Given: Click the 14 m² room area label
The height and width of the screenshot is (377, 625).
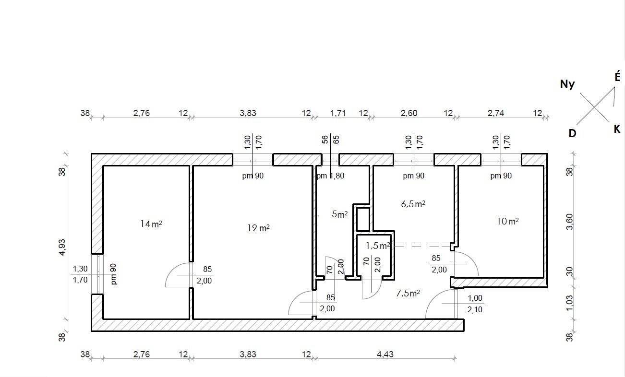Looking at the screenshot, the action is point(151,224).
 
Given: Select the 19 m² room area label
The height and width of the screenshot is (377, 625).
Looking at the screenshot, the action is point(258,228).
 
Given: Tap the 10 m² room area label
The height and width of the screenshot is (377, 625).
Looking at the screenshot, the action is point(507,221).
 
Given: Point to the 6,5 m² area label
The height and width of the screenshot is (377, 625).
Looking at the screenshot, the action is point(413,204).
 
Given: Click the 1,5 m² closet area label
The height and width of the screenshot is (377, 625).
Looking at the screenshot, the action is point(378,246).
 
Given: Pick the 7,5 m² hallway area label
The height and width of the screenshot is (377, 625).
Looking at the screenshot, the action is point(408,293).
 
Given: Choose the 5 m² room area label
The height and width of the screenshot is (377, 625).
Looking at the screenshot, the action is point(339,214).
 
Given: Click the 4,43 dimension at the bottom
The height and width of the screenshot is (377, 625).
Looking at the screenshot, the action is point(385,354).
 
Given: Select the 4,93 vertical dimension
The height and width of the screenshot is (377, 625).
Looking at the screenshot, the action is point(62,247).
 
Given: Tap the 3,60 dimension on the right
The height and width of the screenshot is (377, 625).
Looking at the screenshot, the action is point(569,222).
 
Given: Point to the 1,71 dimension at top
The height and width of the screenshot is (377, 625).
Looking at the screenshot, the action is point(338,113).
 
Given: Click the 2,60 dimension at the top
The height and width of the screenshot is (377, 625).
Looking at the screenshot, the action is point(409,113).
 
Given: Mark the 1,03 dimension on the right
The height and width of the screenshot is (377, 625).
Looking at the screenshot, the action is point(569,303).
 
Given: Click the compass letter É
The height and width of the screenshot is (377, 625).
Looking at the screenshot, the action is point(617,76).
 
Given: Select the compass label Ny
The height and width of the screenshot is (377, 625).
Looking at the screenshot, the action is point(567,84).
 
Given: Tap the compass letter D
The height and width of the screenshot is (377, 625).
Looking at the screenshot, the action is point(572,133).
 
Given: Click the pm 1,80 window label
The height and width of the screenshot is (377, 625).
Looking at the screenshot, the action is point(330,176).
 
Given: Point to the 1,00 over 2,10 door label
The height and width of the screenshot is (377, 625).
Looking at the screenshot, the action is point(475,304).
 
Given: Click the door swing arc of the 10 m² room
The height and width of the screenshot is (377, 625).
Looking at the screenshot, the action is point(471,259).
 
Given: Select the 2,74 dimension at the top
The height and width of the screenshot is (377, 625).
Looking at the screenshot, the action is point(496,113).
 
